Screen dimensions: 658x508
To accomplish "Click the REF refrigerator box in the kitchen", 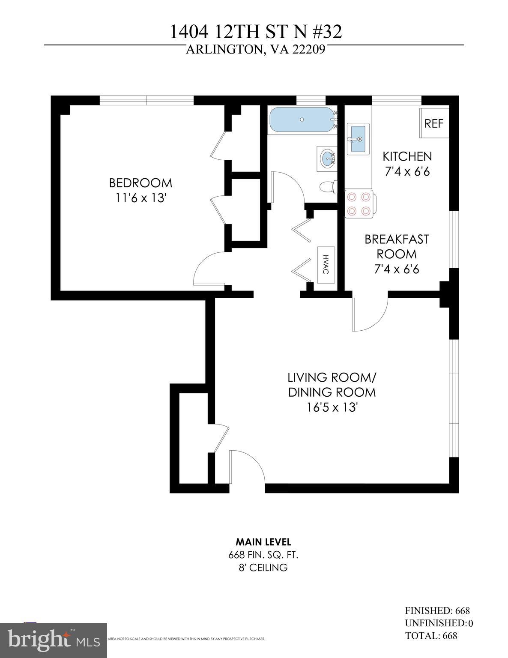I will coord(434,123).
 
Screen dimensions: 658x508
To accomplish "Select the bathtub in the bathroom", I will coord(302,120).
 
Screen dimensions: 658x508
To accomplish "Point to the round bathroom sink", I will coord(328,159).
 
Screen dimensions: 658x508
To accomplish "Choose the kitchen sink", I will coord(358,139).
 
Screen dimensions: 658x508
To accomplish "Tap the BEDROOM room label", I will coord(140,183).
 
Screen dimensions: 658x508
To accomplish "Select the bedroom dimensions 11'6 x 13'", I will coord(140,198).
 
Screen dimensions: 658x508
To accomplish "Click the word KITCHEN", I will coord(407,156).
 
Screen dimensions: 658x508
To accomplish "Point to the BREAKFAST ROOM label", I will coord(396,246).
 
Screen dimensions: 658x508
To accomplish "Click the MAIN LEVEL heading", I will coord(263,542).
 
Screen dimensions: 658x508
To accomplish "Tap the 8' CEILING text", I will coord(263,568).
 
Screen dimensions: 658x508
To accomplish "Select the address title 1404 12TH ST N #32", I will coord(256,32).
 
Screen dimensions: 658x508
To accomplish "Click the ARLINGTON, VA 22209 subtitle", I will coord(256,50).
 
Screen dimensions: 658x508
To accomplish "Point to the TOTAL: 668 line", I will coord(431,635).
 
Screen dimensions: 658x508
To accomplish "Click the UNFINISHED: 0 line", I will coord(439,623).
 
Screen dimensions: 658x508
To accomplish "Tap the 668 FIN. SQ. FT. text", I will coord(263,555).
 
